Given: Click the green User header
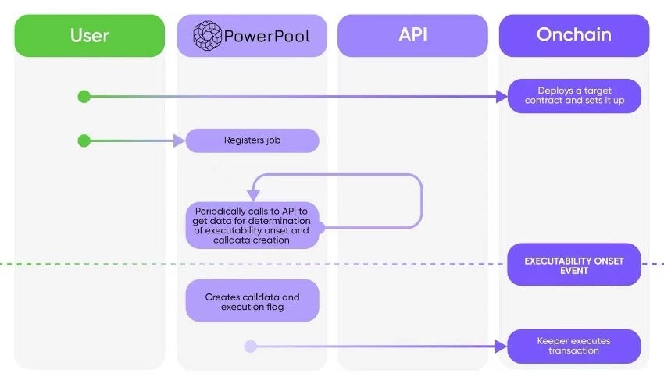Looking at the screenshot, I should tap(90, 36).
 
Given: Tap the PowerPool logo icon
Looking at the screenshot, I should tap(208, 36).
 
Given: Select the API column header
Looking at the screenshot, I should tap(413, 36).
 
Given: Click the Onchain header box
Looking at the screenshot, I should tap(574, 36).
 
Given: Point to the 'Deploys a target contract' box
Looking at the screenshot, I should tap(574, 96).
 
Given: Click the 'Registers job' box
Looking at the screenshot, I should tap(252, 141).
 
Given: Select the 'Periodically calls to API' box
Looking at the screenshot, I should tap(252, 226).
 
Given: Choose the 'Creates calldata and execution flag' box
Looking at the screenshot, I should tap(252, 302).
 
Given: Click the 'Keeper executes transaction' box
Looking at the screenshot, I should tap(574, 346).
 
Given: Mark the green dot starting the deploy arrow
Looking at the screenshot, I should tap(84, 97).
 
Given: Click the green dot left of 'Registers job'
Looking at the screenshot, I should tap(84, 141).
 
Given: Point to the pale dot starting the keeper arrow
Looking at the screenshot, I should tap(250, 347).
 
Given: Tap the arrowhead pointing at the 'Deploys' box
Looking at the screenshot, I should tap(502, 97).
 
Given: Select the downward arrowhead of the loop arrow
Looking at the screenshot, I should tap(253, 195).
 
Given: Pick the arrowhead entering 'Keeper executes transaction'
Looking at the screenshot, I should tap(502, 347).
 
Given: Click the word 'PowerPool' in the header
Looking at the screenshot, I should tap(266, 36).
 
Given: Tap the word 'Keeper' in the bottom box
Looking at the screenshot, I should tap(554, 341).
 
